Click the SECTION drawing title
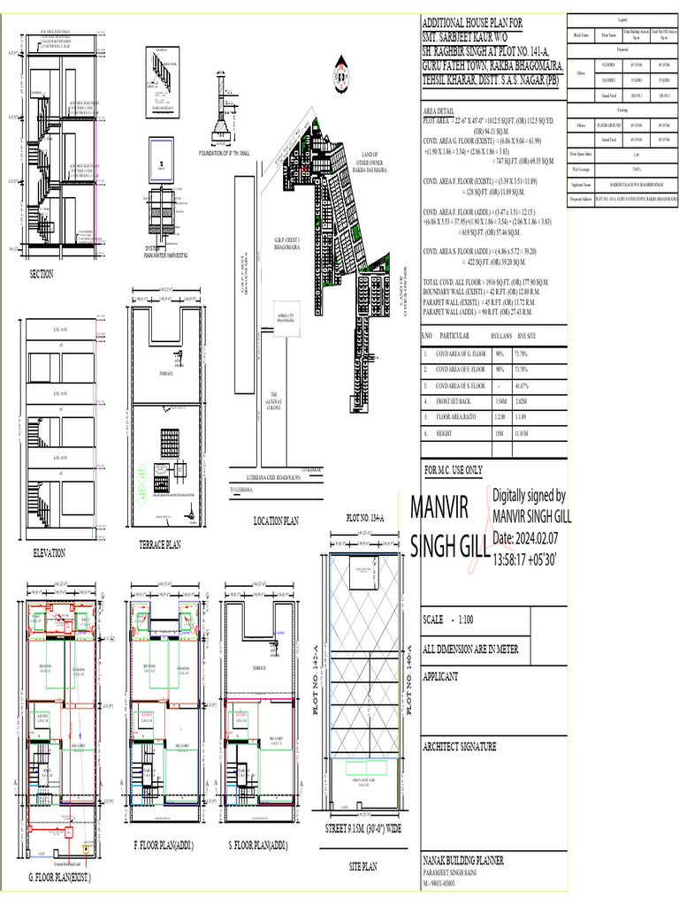tap(41, 275)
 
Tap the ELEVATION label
tap(49, 553)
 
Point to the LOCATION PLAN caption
tap(281, 521)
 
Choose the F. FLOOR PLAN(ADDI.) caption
tap(164, 847)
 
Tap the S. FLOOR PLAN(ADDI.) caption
tap(263, 847)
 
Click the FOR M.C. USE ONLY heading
tap(454, 470)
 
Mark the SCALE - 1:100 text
tap(450, 620)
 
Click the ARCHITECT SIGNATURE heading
tap(460, 747)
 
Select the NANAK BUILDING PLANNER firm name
tap(464, 860)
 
